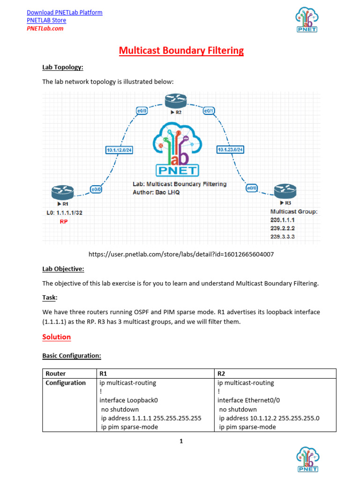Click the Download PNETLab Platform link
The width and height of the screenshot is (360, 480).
point(64,12)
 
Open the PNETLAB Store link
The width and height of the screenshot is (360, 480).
point(46,20)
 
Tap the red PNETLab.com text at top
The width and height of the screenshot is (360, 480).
point(45,28)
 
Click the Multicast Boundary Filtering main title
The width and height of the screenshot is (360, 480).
point(181,51)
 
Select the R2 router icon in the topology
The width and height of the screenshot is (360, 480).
point(176,100)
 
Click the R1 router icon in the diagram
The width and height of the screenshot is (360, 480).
point(62,192)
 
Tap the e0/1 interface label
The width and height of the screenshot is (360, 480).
point(209,111)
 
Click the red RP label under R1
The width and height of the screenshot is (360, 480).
point(63,222)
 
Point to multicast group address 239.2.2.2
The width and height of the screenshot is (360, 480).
point(283,228)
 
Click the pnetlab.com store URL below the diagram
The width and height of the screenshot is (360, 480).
point(181,254)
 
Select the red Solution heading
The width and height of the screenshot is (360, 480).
point(56,337)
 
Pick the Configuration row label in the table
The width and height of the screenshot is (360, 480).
point(66,383)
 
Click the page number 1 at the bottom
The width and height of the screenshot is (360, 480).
point(181,441)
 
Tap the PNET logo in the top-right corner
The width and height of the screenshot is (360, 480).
point(307,21)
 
